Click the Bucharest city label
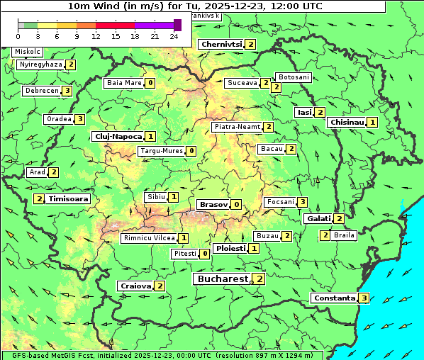(x=223, y=279)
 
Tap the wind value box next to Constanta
(x=364, y=298)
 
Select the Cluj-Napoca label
(x=118, y=136)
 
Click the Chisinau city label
(x=347, y=122)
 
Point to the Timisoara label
(x=69, y=199)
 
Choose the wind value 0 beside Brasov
(x=236, y=204)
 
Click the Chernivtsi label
(x=221, y=44)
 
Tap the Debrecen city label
(x=41, y=91)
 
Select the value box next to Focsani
(x=303, y=202)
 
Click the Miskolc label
(x=28, y=52)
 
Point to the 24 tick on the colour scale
(x=174, y=36)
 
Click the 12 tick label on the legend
(x=96, y=36)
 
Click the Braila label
(x=344, y=235)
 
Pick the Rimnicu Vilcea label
(x=148, y=238)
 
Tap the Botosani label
(x=294, y=77)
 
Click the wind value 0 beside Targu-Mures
(x=191, y=151)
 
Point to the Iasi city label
(x=304, y=112)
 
